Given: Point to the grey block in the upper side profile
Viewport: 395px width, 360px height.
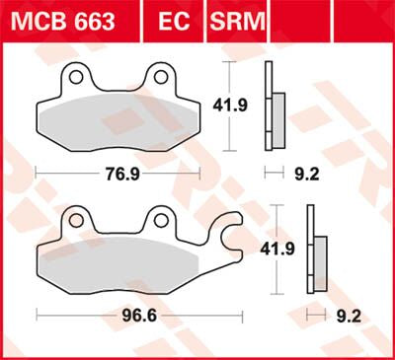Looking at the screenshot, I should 277,121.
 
